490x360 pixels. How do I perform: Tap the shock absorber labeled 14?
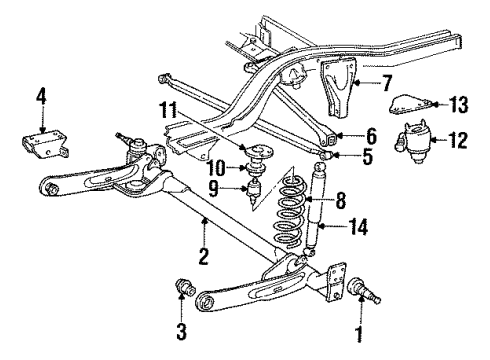point(319,212)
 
